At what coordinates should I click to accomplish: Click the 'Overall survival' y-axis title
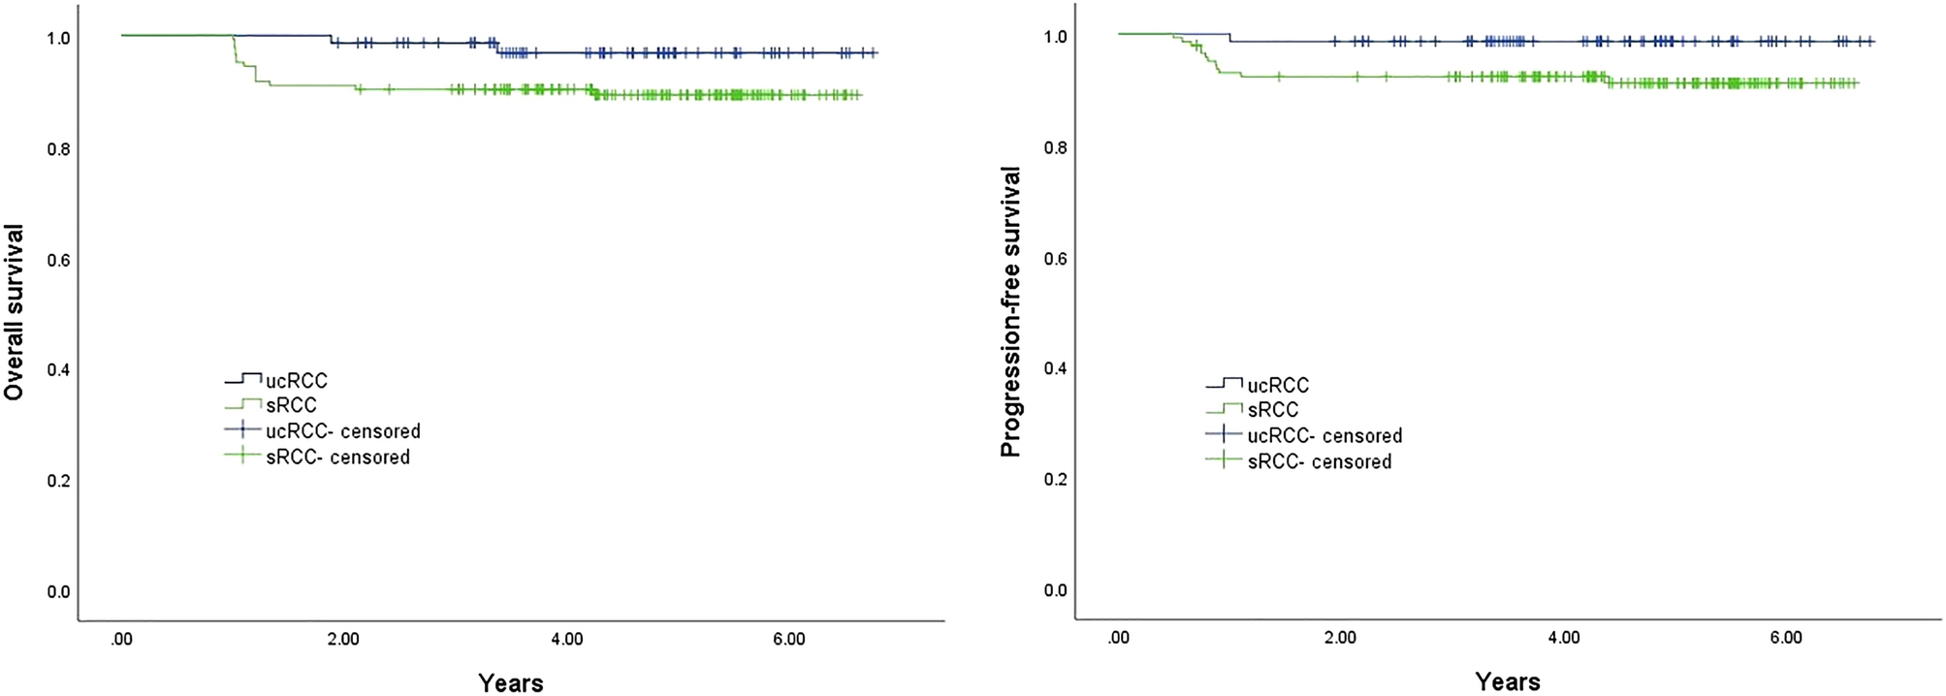pos(14,312)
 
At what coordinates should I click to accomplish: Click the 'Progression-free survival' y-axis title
pos(1010,312)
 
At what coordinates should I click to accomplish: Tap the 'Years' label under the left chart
pos(511,682)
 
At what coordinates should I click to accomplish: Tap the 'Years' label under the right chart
pos(1508,681)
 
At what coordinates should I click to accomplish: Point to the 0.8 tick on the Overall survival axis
pos(59,149)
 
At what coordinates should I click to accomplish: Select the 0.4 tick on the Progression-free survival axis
pos(1056,369)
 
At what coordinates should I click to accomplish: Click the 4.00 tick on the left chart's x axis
pos(566,640)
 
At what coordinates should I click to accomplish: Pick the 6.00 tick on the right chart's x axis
pos(1786,638)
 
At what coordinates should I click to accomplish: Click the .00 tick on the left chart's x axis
pos(121,640)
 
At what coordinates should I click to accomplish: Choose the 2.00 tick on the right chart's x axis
pos(1340,638)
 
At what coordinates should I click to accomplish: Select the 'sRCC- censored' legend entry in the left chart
pos(337,457)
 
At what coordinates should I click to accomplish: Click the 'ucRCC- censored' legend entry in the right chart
pos(1324,436)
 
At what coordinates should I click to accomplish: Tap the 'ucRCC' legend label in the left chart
pos(297,381)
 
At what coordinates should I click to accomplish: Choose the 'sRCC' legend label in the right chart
pos(1272,410)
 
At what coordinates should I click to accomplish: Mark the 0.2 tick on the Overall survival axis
pos(59,481)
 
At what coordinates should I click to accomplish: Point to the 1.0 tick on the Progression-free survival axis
pos(1056,37)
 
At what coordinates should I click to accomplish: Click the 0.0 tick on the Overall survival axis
pos(59,591)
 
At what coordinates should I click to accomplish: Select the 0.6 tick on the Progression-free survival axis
pos(1056,259)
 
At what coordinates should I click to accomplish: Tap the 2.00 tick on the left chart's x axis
pos(343,640)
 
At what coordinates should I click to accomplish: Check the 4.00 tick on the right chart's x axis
pos(1563,638)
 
